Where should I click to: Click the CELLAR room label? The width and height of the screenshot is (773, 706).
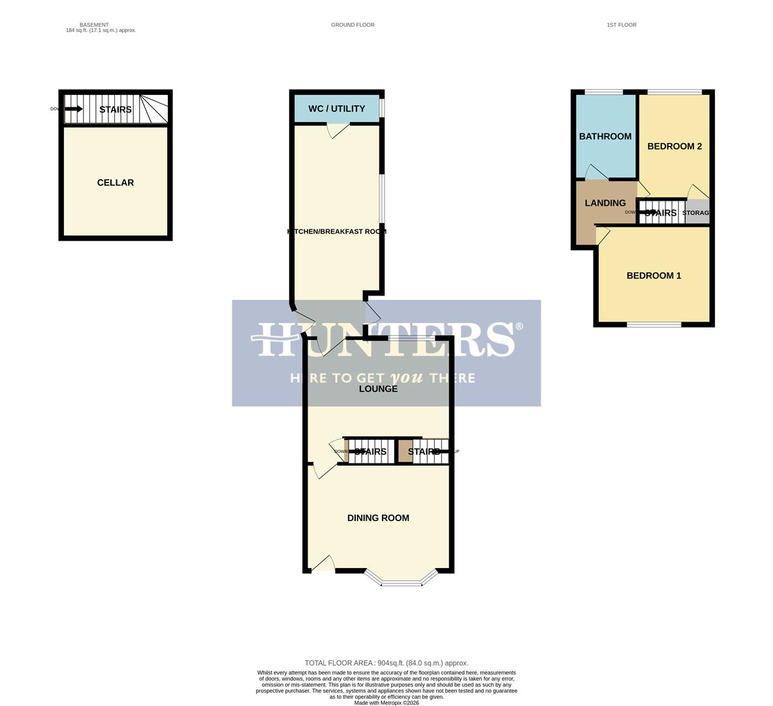click(116, 182)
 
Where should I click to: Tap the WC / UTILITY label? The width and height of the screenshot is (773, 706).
click(336, 109)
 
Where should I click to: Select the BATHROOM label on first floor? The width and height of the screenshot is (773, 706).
click(605, 136)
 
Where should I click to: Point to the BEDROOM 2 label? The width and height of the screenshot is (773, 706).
click(674, 146)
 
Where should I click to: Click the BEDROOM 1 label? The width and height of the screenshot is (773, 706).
click(654, 275)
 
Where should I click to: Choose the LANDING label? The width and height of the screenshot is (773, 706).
click(605, 203)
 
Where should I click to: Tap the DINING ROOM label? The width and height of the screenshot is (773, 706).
click(378, 518)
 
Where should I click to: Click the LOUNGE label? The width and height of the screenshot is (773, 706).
click(378, 388)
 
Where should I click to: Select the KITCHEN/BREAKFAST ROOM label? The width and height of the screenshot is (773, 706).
click(337, 231)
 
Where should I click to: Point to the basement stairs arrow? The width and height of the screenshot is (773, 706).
click(73, 109)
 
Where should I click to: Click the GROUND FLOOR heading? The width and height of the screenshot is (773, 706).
click(353, 25)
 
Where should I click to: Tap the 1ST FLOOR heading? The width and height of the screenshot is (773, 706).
click(622, 25)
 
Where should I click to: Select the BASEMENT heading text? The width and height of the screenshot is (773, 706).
click(94, 25)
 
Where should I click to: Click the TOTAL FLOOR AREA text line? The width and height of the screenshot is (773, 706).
click(386, 663)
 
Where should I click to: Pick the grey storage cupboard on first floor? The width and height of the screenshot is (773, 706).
click(697, 212)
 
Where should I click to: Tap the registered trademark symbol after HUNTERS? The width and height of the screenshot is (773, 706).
click(520, 326)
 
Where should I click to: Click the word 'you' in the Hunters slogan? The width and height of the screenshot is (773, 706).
click(406, 378)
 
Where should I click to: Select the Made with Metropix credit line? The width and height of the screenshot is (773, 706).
click(386, 703)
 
